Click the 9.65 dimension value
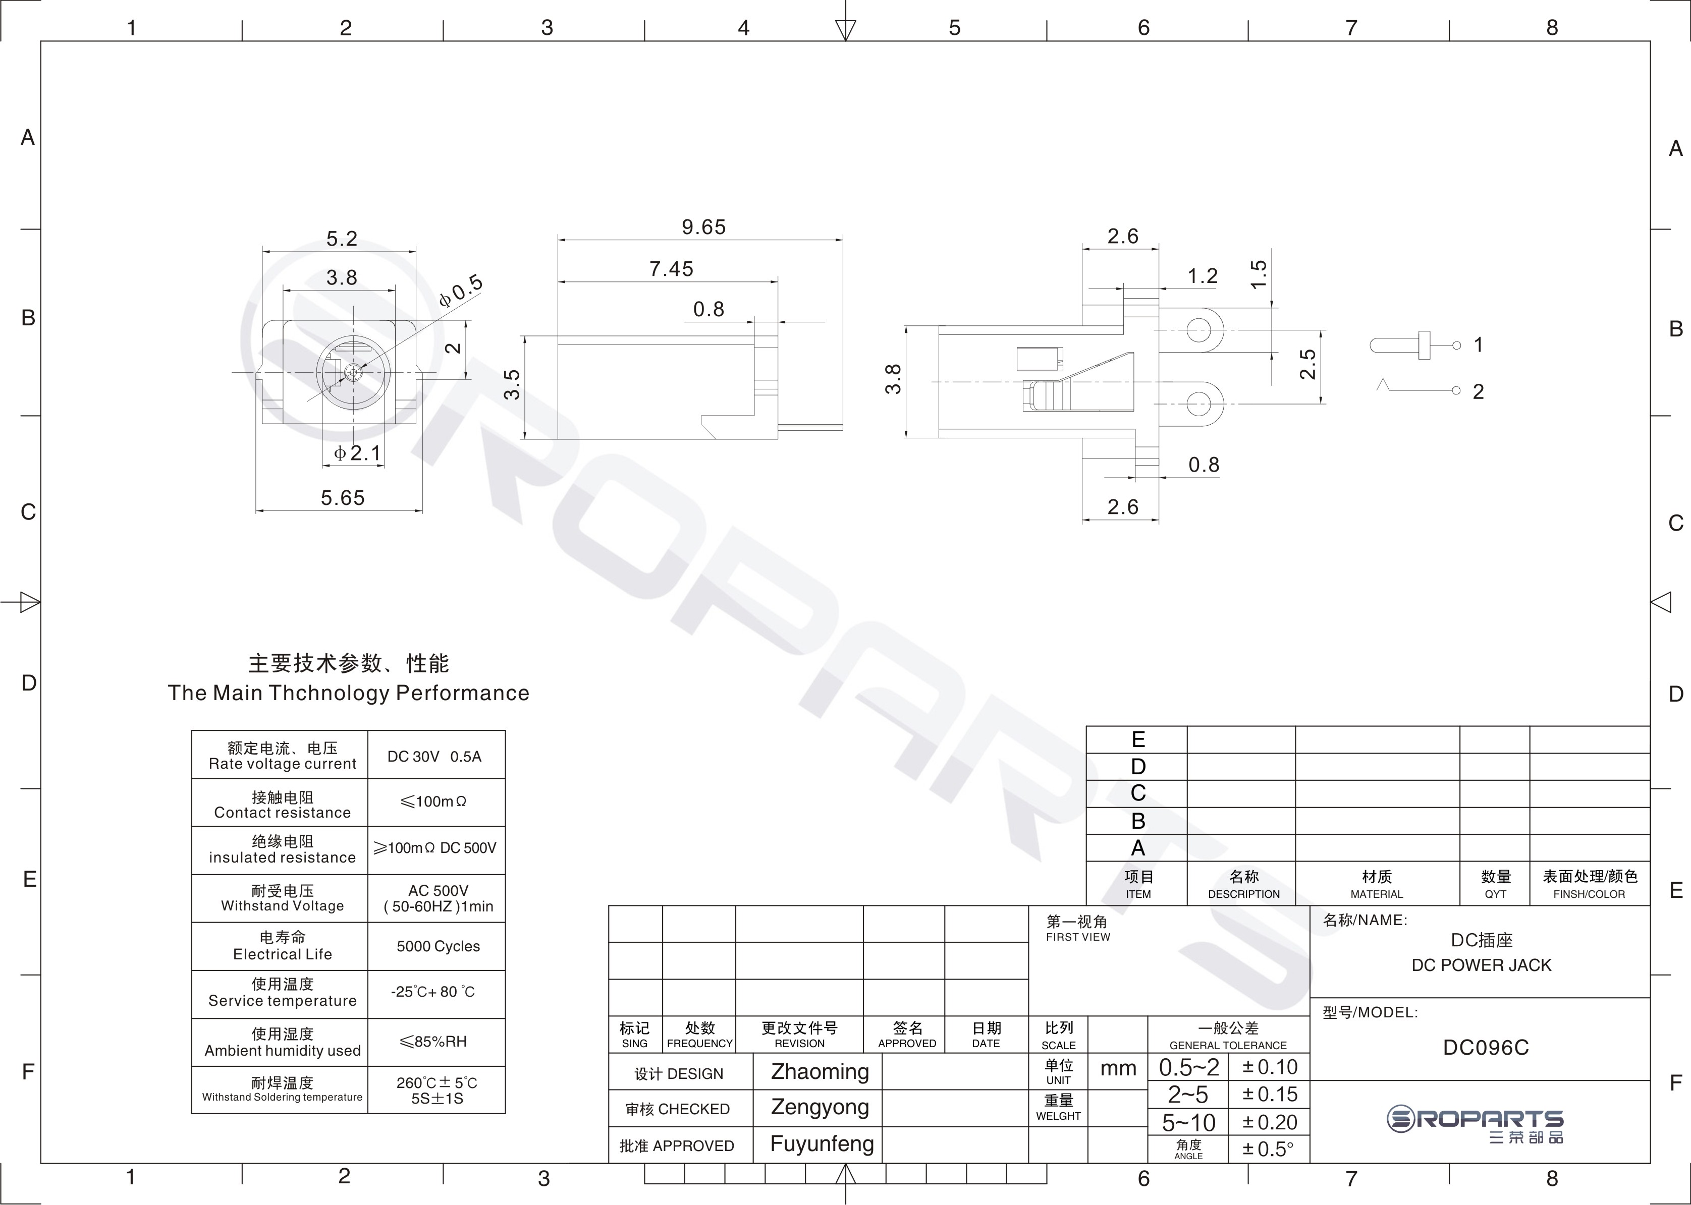(x=704, y=227)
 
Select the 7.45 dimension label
(x=671, y=269)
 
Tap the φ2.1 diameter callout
(x=358, y=452)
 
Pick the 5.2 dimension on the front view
(x=342, y=239)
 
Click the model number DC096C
(x=1486, y=1048)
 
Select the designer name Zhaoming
(x=820, y=1072)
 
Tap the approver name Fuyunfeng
(x=822, y=1144)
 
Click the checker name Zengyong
(x=820, y=1107)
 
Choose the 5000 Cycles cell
(x=438, y=947)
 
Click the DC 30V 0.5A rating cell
(x=434, y=757)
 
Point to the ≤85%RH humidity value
(x=433, y=1042)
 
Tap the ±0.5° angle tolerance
(x=1268, y=1150)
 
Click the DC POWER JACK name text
(x=1482, y=965)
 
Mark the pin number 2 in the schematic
(x=1478, y=392)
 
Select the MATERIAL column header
(x=1377, y=894)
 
